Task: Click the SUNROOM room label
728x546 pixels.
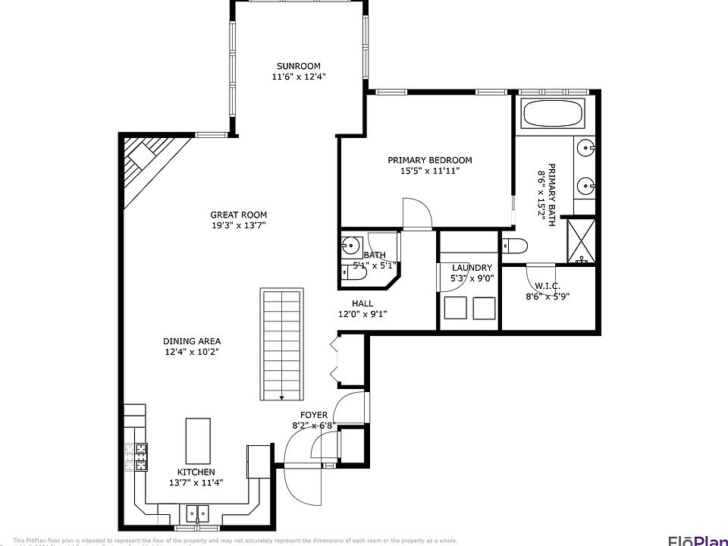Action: click(x=299, y=66)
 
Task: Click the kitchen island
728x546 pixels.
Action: click(x=199, y=441)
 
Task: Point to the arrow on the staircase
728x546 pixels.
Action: click(x=282, y=395)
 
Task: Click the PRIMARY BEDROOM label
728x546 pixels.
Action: click(x=429, y=160)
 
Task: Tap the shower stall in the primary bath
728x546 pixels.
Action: click(x=582, y=240)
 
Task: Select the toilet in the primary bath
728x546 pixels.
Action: click(x=516, y=245)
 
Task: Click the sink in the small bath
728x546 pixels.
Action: click(x=350, y=245)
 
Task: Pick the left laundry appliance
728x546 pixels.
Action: click(x=455, y=309)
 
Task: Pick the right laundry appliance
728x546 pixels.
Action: click(x=484, y=309)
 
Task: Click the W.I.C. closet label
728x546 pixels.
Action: click(x=547, y=286)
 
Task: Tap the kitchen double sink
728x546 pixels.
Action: click(x=199, y=513)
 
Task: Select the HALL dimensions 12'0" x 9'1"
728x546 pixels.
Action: click(x=362, y=314)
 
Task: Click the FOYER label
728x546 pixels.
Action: click(x=314, y=415)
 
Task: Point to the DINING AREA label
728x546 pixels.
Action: click(x=192, y=341)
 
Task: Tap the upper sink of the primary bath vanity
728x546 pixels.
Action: click(x=586, y=147)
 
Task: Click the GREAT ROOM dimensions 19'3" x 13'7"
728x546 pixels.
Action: click(x=238, y=225)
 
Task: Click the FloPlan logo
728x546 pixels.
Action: click(x=697, y=540)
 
